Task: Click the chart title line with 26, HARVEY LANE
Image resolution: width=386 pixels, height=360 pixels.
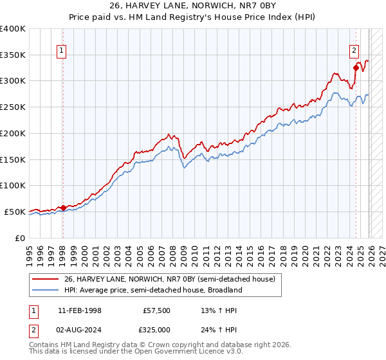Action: coord(193,6)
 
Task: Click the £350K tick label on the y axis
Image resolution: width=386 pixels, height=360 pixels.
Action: coord(13,55)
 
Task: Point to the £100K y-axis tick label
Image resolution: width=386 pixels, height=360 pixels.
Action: coord(13,185)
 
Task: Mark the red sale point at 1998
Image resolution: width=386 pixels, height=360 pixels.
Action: coord(63,207)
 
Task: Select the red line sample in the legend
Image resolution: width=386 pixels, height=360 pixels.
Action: coord(46,279)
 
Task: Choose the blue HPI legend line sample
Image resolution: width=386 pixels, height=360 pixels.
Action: coord(46,290)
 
